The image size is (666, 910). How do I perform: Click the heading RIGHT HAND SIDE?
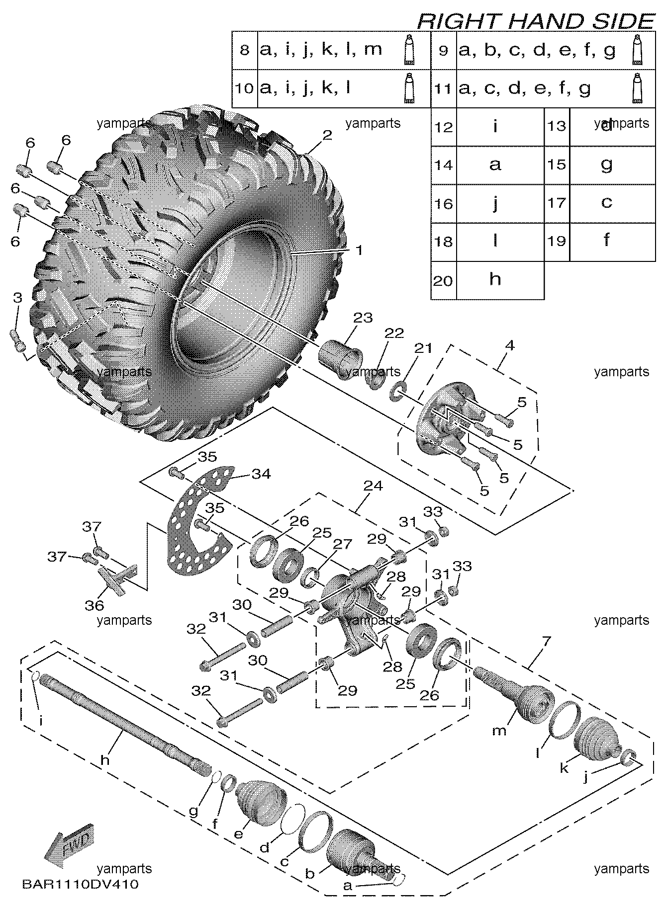tap(535, 21)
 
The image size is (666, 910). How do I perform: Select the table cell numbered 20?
tap(443, 281)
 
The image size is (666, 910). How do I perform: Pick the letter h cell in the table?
tap(495, 280)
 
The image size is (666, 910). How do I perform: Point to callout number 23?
tap(363, 318)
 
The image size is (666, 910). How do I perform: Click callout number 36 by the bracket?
tap(94, 605)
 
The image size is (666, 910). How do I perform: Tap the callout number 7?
tap(546, 641)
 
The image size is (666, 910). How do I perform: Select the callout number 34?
tap(261, 474)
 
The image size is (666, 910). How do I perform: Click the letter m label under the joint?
tap(499, 730)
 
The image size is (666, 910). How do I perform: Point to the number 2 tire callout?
tap(327, 135)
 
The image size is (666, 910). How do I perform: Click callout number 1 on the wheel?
tap(359, 249)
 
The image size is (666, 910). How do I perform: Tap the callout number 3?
tap(17, 298)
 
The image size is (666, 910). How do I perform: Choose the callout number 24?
tap(373, 486)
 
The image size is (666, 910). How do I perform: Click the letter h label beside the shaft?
tap(104, 760)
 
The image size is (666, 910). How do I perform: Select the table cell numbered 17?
tap(557, 203)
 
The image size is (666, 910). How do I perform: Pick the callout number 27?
tap(343, 544)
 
